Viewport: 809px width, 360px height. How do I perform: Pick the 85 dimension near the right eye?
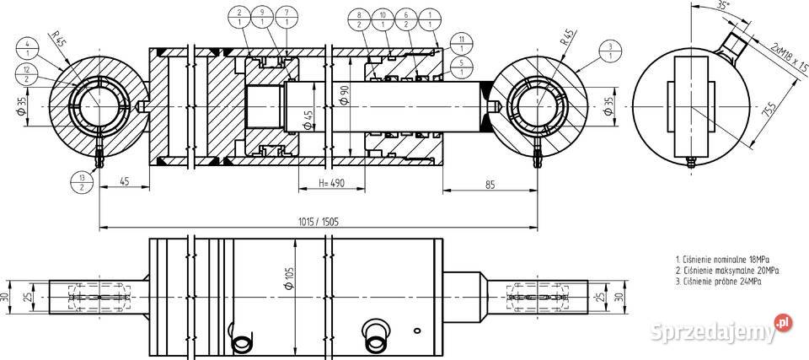pyautogui.click(x=489, y=181)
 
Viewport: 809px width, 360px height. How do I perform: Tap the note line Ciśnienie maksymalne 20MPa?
pyautogui.click(x=726, y=271)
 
